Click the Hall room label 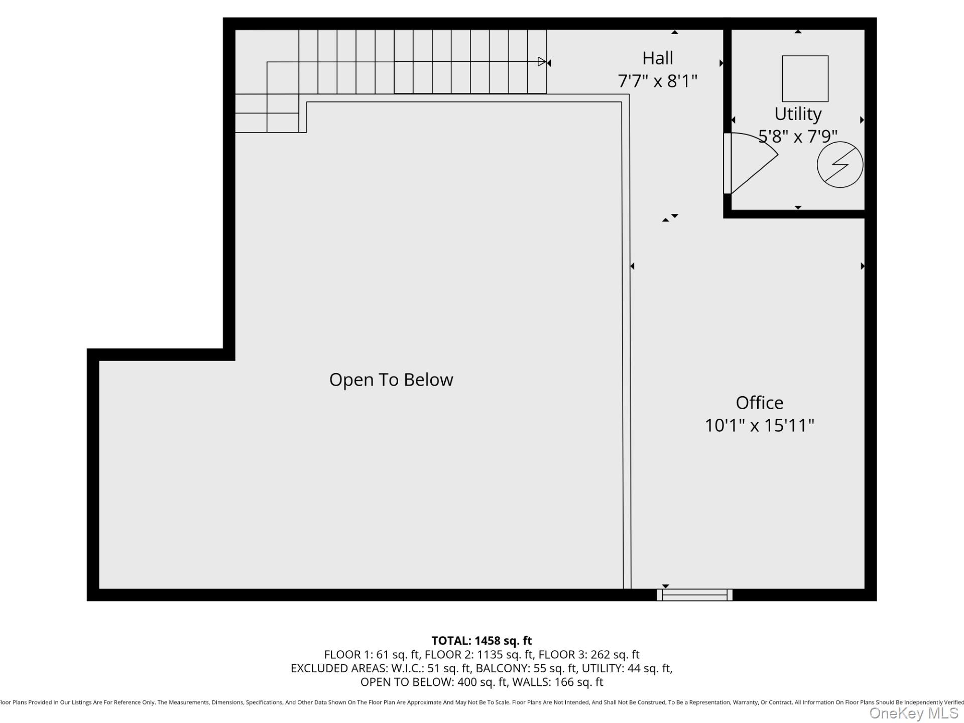[657, 58]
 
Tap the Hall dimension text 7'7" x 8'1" [657, 81]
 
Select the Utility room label [797, 114]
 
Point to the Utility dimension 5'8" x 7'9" [797, 136]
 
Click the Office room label [759, 403]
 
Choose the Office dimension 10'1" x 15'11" [759, 425]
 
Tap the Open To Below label [391, 380]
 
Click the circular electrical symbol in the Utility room [839, 165]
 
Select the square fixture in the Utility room [805, 79]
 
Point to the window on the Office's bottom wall [694, 595]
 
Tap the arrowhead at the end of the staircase [542, 62]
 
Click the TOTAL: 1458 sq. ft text [481, 641]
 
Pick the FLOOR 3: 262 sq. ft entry [588, 655]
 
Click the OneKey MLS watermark [914, 713]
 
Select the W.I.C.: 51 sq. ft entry [431, 668]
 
